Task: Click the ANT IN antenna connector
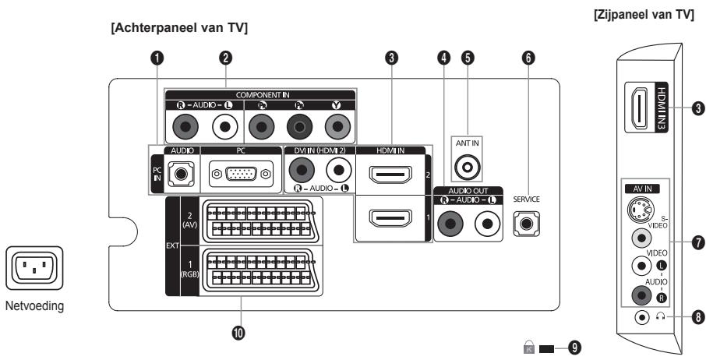[x=467, y=166]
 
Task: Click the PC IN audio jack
[x=182, y=174]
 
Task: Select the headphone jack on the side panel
[x=641, y=318]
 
